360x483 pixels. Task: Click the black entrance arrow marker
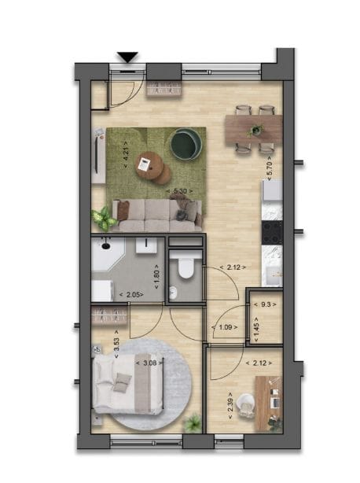coord(127,57)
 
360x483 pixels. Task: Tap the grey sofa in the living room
coord(156,212)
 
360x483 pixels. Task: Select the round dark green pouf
coord(186,143)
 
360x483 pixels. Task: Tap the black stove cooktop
coord(272,231)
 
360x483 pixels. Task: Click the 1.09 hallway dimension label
coord(226,327)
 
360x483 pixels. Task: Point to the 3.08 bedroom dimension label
coord(147,363)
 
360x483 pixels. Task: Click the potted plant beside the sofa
coord(103,217)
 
